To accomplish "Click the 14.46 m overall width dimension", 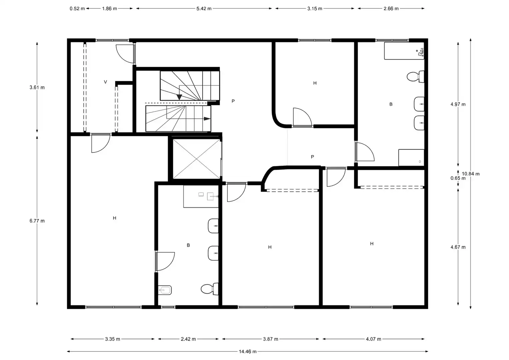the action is click(x=247, y=352).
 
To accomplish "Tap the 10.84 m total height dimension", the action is click(x=471, y=174).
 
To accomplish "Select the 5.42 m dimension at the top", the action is click(x=204, y=9).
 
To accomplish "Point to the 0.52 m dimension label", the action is click(x=77, y=9).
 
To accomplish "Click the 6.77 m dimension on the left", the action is click(x=37, y=221).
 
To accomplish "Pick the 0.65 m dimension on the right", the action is click(x=458, y=178).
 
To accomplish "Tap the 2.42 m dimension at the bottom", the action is click(x=188, y=339).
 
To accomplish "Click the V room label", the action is click(x=105, y=82).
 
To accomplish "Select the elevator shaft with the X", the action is click(x=197, y=159).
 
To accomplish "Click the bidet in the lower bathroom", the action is click(x=165, y=290).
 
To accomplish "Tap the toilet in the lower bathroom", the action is click(x=210, y=289).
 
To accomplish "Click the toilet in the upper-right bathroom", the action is click(x=415, y=77).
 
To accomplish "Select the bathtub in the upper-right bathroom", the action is click(x=404, y=51).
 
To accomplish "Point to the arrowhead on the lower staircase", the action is click(x=207, y=119).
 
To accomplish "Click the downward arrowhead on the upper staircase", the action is click(x=179, y=97).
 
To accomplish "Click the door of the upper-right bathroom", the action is click(x=365, y=151).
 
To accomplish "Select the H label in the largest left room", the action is click(x=115, y=218).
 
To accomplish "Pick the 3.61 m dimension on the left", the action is click(x=37, y=87).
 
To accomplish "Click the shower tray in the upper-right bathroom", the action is click(x=411, y=157).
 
